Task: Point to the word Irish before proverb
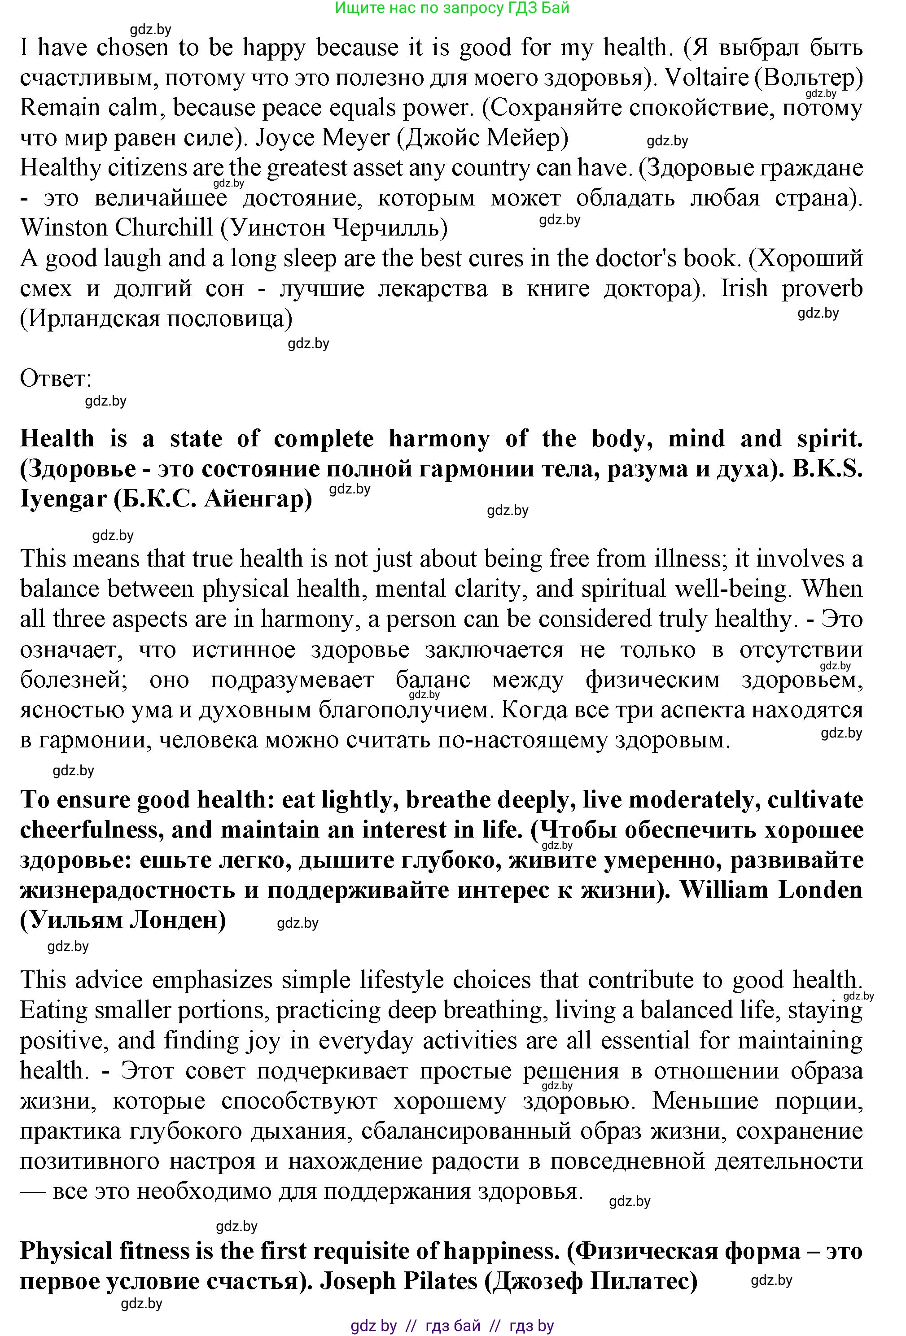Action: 744,288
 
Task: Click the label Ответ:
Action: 56,378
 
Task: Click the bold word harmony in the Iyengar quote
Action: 439,439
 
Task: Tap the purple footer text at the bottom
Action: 452,1326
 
